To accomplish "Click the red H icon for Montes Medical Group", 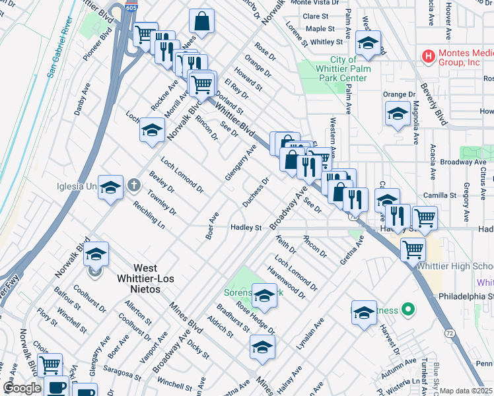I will [x=429, y=57].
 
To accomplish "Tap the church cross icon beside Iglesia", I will [x=133, y=185].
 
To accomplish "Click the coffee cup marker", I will [x=57, y=388].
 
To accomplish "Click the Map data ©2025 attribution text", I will [x=466, y=391].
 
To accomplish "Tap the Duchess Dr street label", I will [x=256, y=192].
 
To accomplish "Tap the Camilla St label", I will [x=441, y=195].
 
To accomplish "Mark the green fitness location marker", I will [x=408, y=308].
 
